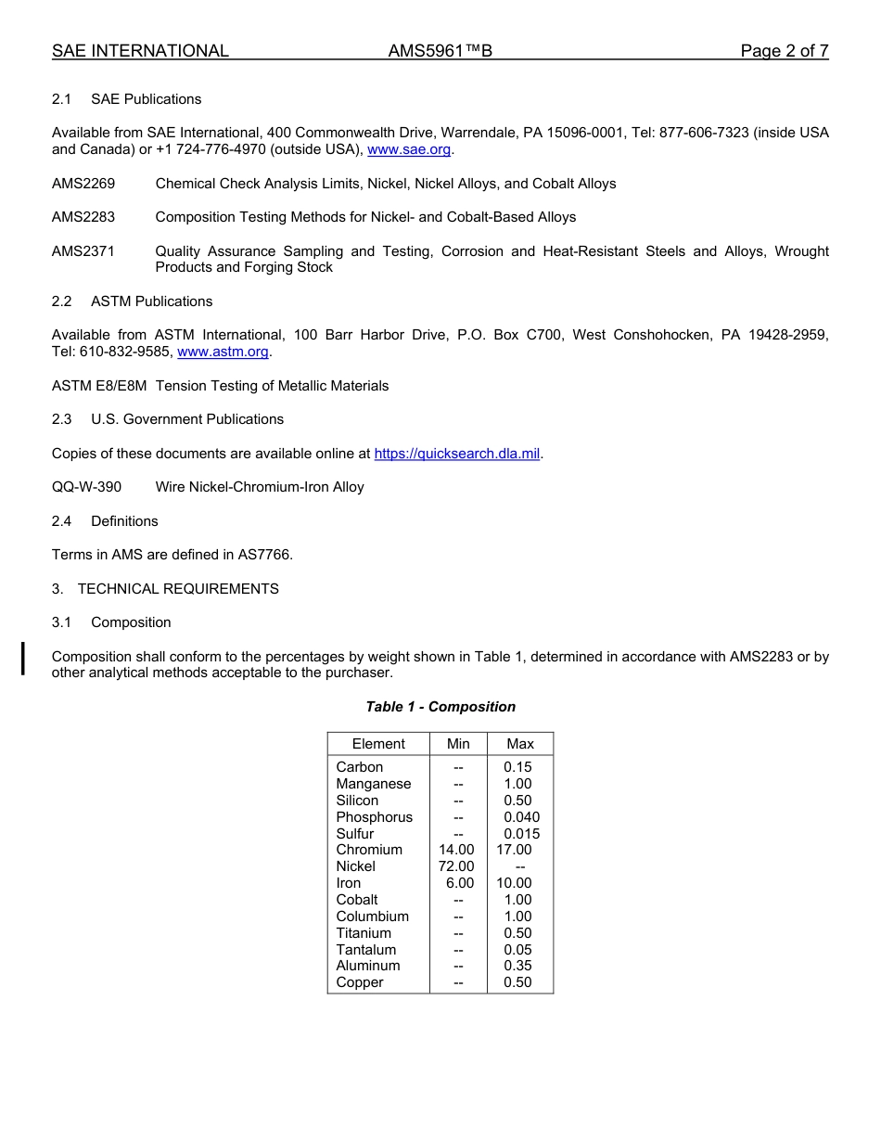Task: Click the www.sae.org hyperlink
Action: [409, 149]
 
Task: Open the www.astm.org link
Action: [223, 352]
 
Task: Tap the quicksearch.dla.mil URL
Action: [456, 454]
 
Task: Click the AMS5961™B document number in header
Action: [440, 51]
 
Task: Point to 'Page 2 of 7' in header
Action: [784, 51]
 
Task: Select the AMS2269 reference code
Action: [83, 184]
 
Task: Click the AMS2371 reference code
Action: [83, 251]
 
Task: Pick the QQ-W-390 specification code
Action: [86, 487]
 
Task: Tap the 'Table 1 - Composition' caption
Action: [440, 707]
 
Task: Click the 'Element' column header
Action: [378, 744]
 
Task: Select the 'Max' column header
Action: [520, 744]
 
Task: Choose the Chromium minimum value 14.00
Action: [456, 850]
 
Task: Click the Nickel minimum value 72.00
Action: [456, 866]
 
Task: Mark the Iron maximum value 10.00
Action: [514, 883]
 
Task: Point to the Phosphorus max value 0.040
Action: [521, 817]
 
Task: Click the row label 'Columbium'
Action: [372, 917]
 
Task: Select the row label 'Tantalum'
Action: [365, 950]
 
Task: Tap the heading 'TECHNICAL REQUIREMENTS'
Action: [178, 589]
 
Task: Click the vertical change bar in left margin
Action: [23, 657]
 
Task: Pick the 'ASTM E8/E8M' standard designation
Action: [99, 386]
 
